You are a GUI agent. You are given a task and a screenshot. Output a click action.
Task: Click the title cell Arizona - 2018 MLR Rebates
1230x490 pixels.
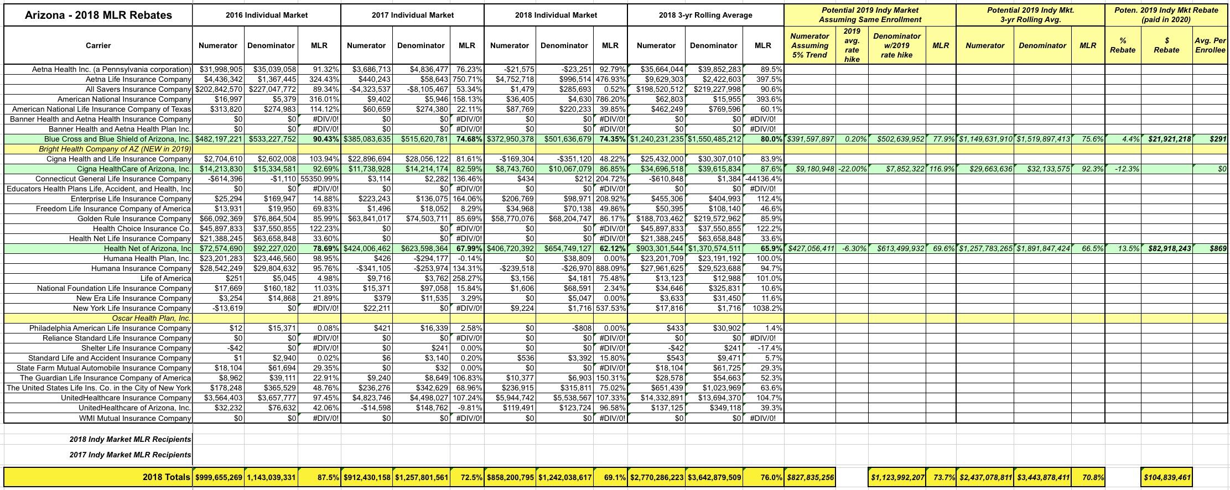[x=98, y=15]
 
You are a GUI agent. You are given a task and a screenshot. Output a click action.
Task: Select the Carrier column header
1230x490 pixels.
[x=98, y=45]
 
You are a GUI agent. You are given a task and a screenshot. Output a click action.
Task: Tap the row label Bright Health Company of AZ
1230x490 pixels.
[x=115, y=149]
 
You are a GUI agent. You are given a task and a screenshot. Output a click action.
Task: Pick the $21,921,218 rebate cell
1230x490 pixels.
[x=1166, y=139]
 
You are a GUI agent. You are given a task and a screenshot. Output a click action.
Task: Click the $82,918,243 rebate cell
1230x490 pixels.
[x=1166, y=248]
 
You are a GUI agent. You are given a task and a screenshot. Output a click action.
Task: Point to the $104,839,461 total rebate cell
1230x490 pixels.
[x=1166, y=477]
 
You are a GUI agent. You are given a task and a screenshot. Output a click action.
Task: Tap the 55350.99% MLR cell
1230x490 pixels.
[x=320, y=179]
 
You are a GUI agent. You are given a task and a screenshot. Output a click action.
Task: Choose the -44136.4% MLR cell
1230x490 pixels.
[x=763, y=179]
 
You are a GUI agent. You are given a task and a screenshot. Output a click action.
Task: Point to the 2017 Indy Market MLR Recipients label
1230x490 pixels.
[x=130, y=455]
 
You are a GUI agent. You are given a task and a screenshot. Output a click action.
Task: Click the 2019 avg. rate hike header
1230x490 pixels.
[x=852, y=45]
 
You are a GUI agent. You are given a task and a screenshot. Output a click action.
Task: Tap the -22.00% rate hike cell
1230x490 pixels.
[x=852, y=169]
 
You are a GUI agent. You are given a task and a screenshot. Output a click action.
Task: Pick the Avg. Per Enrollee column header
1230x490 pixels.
[x=1211, y=45]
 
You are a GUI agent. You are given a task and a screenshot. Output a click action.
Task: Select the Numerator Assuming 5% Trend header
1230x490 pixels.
[x=809, y=45]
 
